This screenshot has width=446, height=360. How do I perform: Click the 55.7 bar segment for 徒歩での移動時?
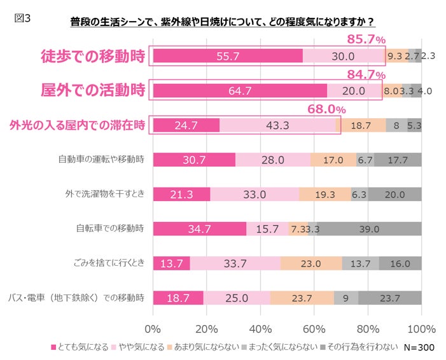227,56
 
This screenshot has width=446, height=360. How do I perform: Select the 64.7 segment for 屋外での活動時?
240,90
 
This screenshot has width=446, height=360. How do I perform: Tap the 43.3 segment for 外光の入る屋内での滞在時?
277,125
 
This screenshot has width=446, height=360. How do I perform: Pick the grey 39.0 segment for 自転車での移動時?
368,229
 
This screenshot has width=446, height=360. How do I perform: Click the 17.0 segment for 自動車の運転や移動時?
333,160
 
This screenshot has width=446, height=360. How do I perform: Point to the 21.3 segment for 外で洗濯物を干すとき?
181,195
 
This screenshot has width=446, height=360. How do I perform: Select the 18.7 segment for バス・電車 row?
178,298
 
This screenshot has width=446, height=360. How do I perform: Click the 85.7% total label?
365,39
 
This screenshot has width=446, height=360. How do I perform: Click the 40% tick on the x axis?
261,329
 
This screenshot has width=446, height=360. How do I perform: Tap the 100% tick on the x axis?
421,329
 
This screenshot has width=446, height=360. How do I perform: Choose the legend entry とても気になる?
80,347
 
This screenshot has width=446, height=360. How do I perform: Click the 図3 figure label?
22,17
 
